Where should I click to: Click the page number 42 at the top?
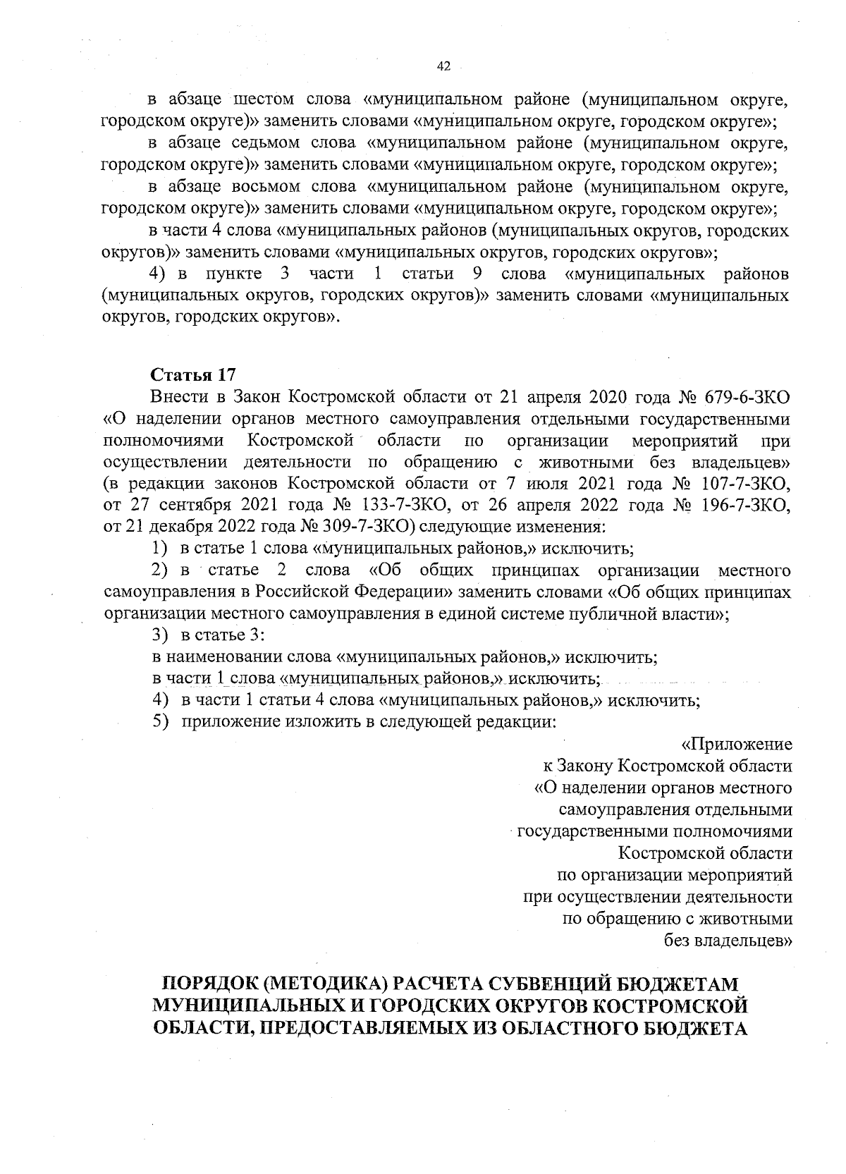click(443, 66)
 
